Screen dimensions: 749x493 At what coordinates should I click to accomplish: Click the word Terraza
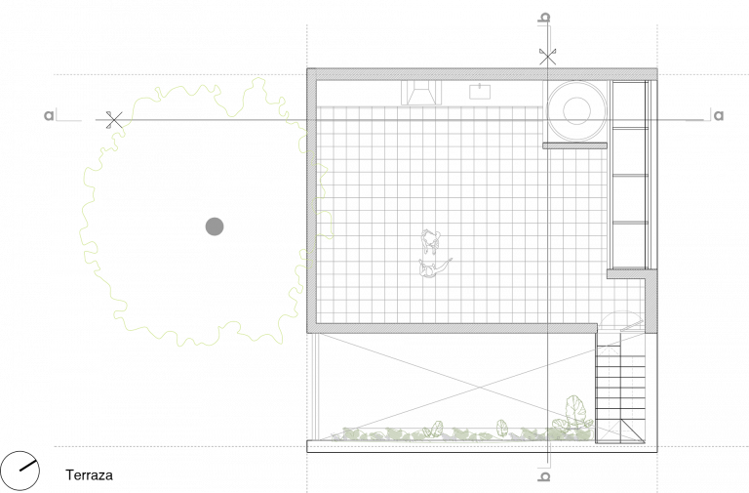[89, 474]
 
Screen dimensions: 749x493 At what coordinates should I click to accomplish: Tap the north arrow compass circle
[20, 471]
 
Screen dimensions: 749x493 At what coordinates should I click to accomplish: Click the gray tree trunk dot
[215, 226]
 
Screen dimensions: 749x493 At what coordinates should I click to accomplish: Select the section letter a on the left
[49, 116]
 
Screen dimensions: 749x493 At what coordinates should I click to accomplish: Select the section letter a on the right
[719, 115]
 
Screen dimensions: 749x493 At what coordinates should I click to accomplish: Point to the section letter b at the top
[544, 18]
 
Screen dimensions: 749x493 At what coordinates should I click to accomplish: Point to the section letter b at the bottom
[544, 476]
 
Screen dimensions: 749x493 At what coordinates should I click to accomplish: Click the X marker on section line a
[114, 119]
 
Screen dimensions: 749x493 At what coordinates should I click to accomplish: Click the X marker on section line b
[547, 57]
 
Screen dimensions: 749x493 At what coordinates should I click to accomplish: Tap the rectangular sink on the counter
[480, 92]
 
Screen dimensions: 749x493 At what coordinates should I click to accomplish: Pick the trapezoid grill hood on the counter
[421, 93]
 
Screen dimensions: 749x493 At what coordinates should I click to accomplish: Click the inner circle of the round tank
[576, 110]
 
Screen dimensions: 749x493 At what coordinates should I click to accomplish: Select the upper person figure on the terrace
[430, 241]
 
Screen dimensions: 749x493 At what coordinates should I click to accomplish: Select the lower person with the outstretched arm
[434, 268]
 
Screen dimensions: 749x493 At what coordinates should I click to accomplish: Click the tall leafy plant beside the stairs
[575, 414]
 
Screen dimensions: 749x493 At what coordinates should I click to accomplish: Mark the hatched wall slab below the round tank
[574, 145]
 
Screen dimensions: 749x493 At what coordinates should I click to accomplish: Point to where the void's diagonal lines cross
[480, 387]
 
